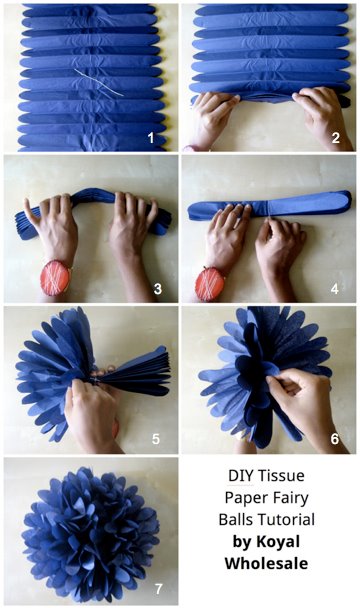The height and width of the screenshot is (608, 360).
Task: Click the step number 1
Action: [x=151, y=138]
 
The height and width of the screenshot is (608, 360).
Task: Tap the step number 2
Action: [x=336, y=138]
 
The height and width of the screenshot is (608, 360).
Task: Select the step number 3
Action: [x=158, y=288]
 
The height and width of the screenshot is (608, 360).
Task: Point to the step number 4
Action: [x=334, y=288]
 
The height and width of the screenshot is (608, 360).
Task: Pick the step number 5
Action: [x=156, y=439]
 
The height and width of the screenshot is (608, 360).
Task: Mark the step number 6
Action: [x=335, y=439]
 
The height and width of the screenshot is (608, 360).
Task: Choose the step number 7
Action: [x=158, y=589]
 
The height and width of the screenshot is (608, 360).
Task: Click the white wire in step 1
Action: [x=99, y=83]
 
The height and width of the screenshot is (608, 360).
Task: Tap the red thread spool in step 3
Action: [x=55, y=278]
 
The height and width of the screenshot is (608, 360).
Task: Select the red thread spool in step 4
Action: [x=210, y=284]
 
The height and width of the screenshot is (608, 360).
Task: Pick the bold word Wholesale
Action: [x=267, y=563]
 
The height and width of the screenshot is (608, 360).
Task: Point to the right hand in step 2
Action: [x=324, y=118]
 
